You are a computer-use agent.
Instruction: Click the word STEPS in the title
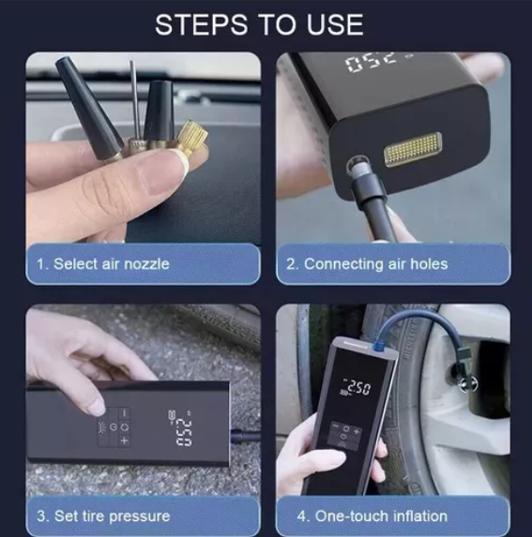(x=202, y=25)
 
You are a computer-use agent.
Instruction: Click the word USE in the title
(x=335, y=25)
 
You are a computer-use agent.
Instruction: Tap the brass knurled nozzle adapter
(x=192, y=138)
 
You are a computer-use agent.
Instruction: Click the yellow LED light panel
(x=413, y=149)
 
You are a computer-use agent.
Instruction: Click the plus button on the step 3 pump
(x=124, y=441)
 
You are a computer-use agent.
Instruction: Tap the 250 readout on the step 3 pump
(x=184, y=433)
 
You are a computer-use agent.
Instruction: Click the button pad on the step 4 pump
(x=345, y=436)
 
